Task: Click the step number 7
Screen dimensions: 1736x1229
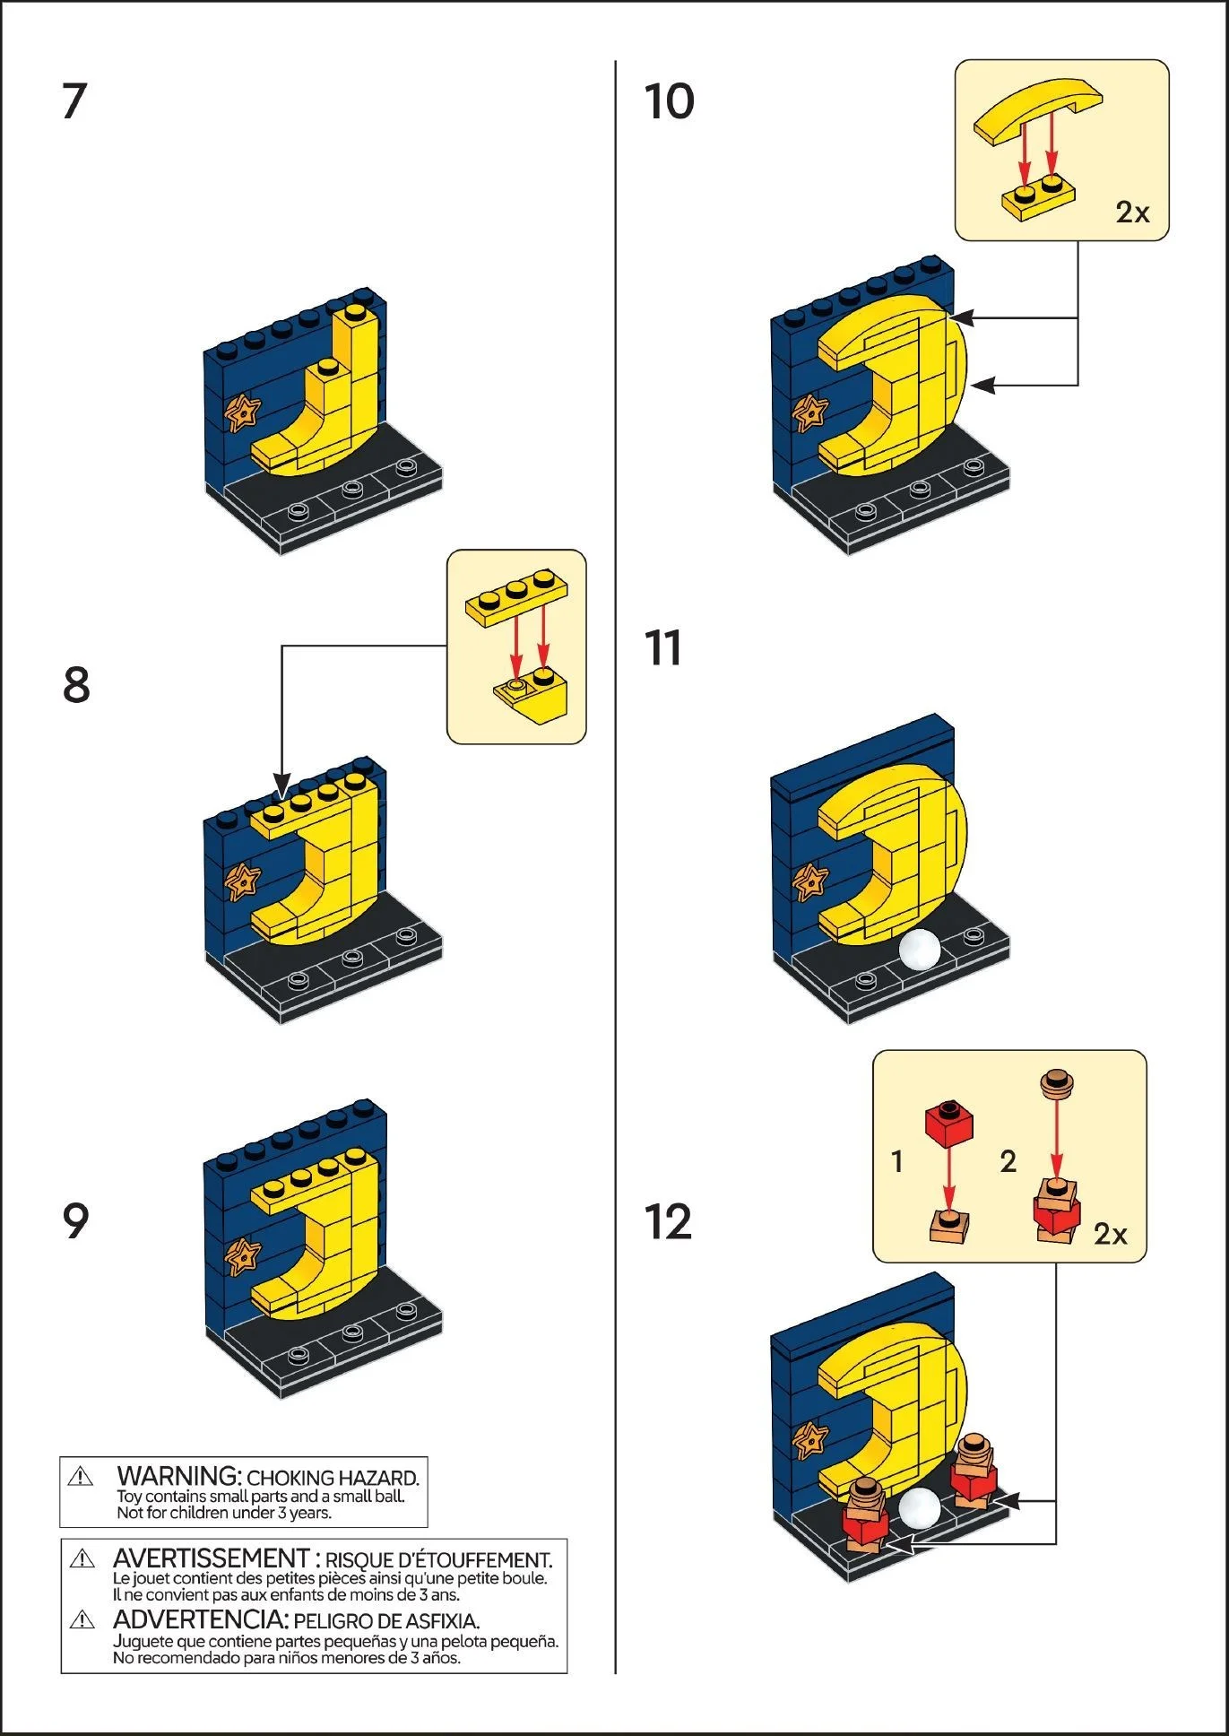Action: (x=74, y=101)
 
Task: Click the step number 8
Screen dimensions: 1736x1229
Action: (x=76, y=685)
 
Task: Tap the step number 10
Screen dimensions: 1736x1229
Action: (x=669, y=101)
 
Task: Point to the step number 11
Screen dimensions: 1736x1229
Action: (x=663, y=648)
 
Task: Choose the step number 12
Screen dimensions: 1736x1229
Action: (x=668, y=1222)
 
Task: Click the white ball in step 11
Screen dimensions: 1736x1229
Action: (x=921, y=950)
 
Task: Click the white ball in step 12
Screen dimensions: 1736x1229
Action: (x=921, y=1508)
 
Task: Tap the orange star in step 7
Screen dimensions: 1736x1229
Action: (x=242, y=413)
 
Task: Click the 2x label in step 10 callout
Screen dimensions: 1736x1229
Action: (x=1132, y=213)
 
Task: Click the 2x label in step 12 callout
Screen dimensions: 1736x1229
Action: (x=1110, y=1235)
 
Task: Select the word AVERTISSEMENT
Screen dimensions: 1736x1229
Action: (x=211, y=1558)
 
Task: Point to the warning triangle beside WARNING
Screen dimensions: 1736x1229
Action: (x=81, y=1476)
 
